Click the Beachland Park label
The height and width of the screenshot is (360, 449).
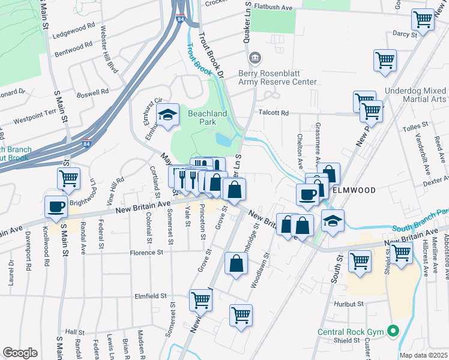point(207,119)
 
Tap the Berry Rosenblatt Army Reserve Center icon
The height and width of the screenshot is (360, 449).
point(255,58)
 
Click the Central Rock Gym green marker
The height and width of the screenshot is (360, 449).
point(393,331)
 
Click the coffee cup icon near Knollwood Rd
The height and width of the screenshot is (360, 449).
point(56,206)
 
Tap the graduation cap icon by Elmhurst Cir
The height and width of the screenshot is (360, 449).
point(168,113)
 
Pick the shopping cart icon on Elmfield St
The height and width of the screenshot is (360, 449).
point(200,299)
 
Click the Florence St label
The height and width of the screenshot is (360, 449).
point(147,253)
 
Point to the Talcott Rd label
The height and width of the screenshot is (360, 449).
point(274,113)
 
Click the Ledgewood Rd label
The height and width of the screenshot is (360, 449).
point(74,27)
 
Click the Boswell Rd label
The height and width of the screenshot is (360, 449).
point(92,93)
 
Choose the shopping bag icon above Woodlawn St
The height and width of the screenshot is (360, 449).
point(237,263)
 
